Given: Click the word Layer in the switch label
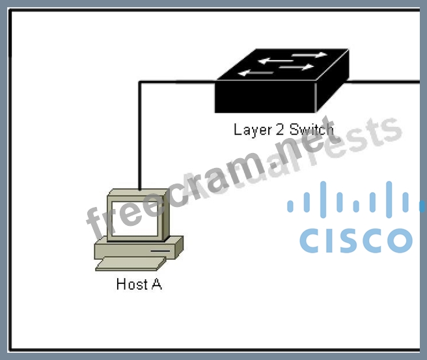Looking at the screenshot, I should [251, 130].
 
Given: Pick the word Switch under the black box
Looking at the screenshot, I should [311, 129].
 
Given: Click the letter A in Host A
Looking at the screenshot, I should [156, 284].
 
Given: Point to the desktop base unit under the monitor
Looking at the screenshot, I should [138, 249].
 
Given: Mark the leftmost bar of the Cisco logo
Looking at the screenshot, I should [290, 205].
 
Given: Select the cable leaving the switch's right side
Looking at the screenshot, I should [384, 81].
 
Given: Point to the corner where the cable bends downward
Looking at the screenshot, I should [140, 82].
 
